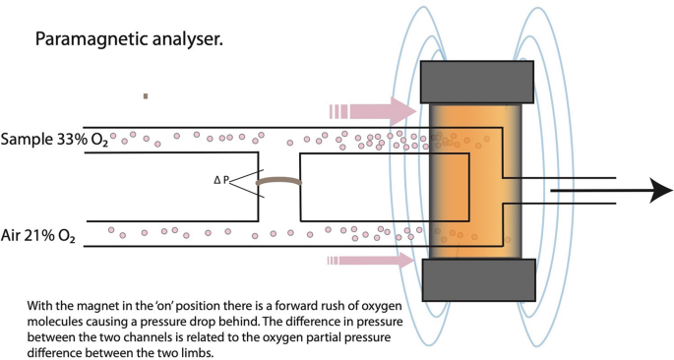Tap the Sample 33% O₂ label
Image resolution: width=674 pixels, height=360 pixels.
(x=55, y=139)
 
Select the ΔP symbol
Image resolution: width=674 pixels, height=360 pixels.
(x=222, y=181)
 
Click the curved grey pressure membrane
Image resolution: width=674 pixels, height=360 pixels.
(x=278, y=181)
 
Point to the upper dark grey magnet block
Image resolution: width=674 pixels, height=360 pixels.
(x=477, y=82)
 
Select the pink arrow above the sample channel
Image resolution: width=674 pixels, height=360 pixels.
(x=373, y=109)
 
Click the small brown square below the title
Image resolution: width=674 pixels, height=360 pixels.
(x=146, y=96)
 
